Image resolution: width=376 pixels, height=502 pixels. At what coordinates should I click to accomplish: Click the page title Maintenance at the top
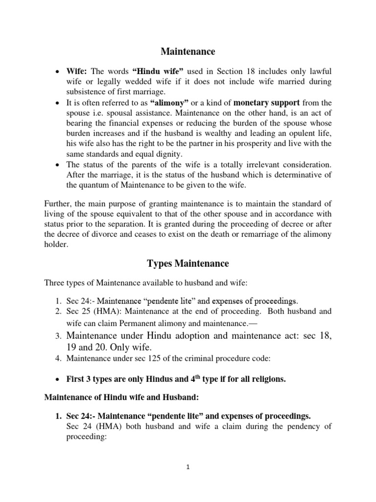188,51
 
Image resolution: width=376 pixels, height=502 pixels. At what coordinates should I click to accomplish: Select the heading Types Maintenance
188,263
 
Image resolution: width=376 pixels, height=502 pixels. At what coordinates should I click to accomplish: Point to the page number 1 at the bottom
188,467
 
